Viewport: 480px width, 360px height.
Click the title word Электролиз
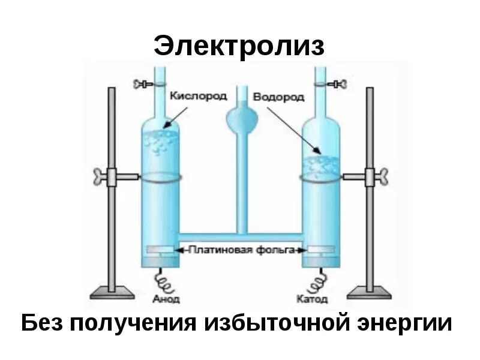239,46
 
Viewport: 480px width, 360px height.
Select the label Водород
278,96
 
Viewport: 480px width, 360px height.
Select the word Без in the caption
41,323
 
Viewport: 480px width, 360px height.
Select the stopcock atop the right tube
337,84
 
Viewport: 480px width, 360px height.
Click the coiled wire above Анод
163,280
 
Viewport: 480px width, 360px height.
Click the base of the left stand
112,293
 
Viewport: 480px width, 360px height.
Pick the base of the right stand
368,293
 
